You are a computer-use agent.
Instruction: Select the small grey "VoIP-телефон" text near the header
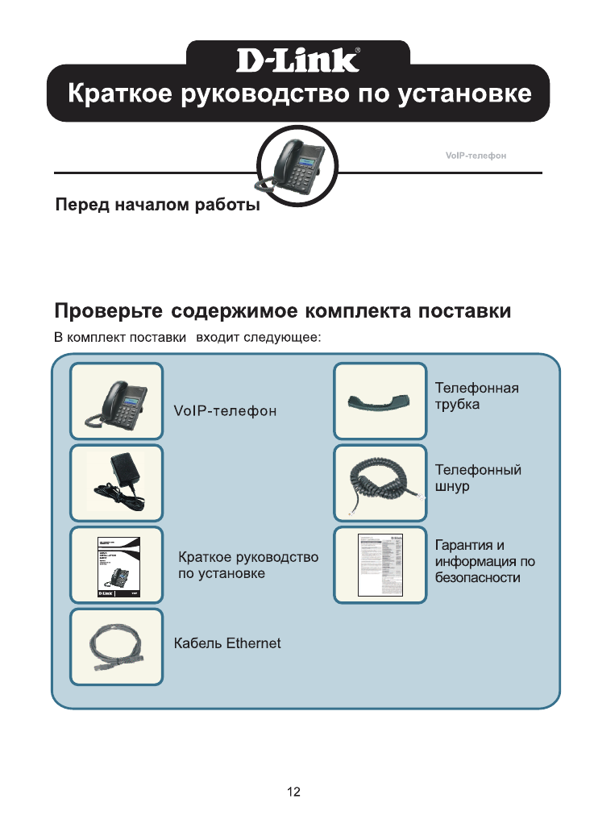[x=476, y=155]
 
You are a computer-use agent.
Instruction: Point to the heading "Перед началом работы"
[x=157, y=206]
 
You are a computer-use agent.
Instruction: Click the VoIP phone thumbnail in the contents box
[x=117, y=400]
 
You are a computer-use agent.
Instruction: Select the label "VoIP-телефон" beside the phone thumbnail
[x=226, y=412]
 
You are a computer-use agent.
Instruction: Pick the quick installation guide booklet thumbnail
[x=117, y=564]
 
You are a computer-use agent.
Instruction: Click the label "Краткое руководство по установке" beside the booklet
[x=248, y=565]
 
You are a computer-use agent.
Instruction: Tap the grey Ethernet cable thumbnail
[x=117, y=647]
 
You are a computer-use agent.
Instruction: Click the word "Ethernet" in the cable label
[x=253, y=643]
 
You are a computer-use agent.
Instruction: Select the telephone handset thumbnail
[x=380, y=400]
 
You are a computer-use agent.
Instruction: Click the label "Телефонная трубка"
[x=476, y=396]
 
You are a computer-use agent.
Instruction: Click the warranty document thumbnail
[x=380, y=564]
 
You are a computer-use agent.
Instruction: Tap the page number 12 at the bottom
[x=294, y=792]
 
